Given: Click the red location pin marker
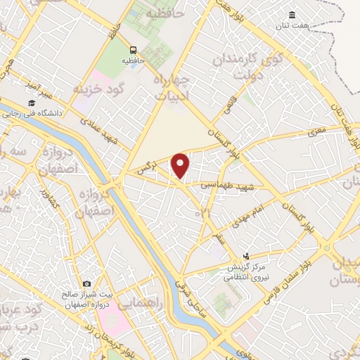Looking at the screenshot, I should pyautogui.click(x=181, y=166).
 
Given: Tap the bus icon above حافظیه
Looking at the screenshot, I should pyautogui.click(x=133, y=49).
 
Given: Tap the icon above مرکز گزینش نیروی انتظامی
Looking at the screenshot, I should pyautogui.click(x=246, y=257).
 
